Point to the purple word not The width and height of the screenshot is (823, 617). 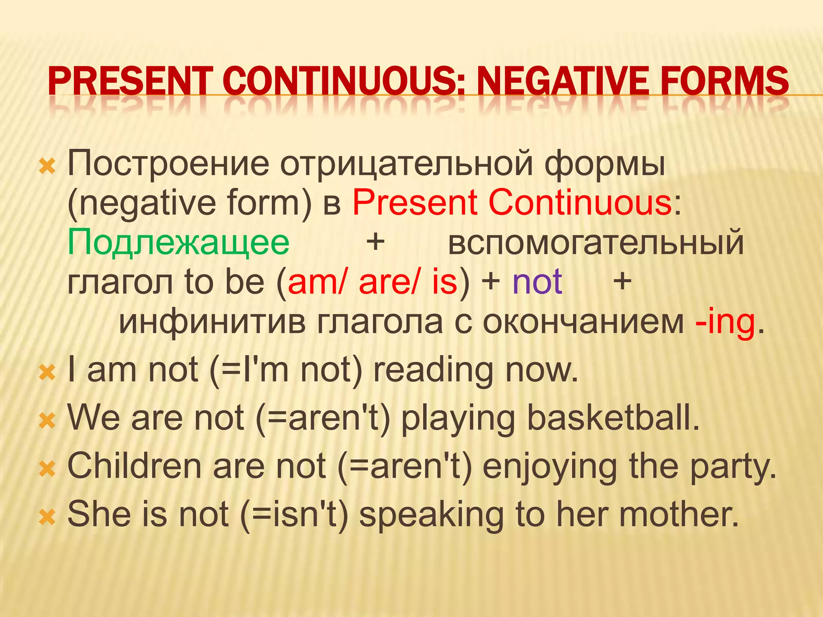tap(537, 282)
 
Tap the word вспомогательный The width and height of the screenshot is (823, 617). tap(596, 243)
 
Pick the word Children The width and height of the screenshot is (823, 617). tap(134, 466)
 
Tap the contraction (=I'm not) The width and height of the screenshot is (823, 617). tap(286, 370)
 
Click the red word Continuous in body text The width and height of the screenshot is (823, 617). tap(579, 203)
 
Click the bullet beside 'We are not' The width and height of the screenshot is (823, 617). tap(47, 421)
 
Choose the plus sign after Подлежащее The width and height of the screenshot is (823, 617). tap(375, 242)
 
